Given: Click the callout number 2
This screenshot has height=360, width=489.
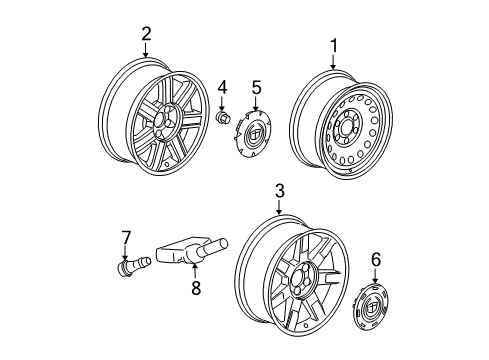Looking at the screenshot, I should coord(146,35).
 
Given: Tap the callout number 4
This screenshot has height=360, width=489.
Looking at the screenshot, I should coord(223,87).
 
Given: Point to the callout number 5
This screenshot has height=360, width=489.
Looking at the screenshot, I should coord(256,87).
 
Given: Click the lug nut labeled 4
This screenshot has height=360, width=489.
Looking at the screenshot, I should coord(223,119).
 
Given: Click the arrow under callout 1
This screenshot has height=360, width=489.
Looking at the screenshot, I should coord(333,61).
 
